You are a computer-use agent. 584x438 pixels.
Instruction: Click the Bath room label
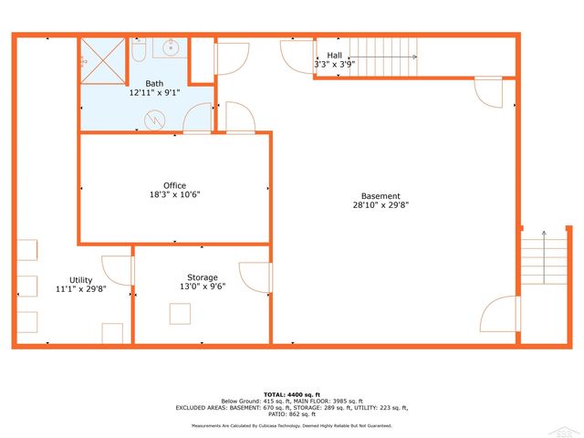coord(154,83)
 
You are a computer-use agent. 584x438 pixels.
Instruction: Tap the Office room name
coord(174,185)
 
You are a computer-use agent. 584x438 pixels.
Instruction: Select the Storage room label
coord(203,277)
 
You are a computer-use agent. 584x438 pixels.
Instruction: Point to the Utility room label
coord(81,280)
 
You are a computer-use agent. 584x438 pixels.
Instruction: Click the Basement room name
coord(380,196)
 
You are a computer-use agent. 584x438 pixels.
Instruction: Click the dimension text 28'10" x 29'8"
coord(380,206)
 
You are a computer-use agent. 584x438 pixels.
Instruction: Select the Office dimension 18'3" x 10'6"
coord(174,195)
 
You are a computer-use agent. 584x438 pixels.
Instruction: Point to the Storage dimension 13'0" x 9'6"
coord(203,287)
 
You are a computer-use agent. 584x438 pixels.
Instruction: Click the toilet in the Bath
coord(139,52)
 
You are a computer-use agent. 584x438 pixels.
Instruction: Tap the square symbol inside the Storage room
coord(180,313)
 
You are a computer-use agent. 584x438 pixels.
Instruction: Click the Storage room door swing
coord(255,278)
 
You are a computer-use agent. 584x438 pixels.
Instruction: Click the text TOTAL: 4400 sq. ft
coord(292,393)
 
